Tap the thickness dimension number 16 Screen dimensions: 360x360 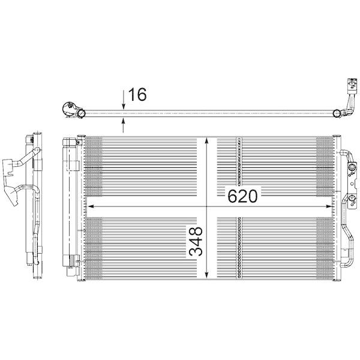pos(137,94)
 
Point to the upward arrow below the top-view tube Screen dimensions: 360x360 pos(124,124)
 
